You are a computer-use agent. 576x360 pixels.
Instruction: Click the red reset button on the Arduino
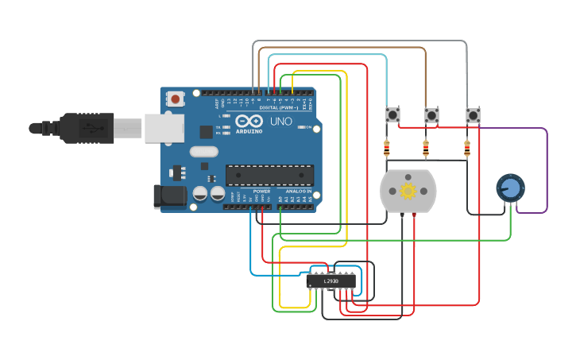click(x=175, y=99)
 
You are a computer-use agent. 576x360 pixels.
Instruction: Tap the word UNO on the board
click(x=281, y=122)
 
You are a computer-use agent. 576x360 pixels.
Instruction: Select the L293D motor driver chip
click(x=331, y=281)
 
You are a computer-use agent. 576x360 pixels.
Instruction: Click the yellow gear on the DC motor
click(x=408, y=191)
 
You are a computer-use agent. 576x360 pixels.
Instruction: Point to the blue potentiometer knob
click(x=510, y=188)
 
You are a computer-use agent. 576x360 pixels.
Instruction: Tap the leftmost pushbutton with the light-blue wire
click(x=392, y=116)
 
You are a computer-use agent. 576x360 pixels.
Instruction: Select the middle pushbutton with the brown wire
click(x=431, y=116)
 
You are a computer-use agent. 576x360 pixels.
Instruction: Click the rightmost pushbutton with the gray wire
click(x=473, y=116)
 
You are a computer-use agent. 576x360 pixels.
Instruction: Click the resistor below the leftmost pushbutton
click(x=387, y=148)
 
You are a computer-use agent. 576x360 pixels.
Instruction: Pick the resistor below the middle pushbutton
click(x=425, y=148)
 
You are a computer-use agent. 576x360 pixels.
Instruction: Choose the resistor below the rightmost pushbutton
click(x=466, y=148)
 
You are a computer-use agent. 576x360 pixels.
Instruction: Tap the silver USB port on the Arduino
click(x=162, y=128)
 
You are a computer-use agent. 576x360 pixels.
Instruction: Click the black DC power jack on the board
click(x=169, y=196)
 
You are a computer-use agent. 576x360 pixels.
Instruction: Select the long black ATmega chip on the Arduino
click(x=269, y=175)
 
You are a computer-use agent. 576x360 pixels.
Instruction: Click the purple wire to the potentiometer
click(x=547, y=171)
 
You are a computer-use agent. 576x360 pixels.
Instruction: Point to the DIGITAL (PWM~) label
click(x=278, y=107)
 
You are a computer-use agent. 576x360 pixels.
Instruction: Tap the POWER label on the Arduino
click(x=261, y=192)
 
